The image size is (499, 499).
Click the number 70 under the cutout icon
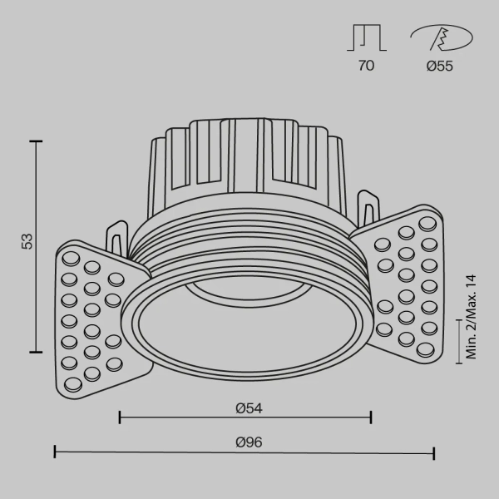(366, 67)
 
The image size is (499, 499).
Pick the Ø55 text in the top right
(439, 67)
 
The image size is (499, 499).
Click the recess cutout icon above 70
(366, 38)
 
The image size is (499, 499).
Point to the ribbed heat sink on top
(245, 158)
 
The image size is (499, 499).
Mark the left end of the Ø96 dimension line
(55, 452)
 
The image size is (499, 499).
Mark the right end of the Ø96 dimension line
(434, 452)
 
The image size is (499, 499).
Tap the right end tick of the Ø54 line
(371, 417)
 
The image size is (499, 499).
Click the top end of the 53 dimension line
(37, 142)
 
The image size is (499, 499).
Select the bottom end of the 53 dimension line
(37, 353)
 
